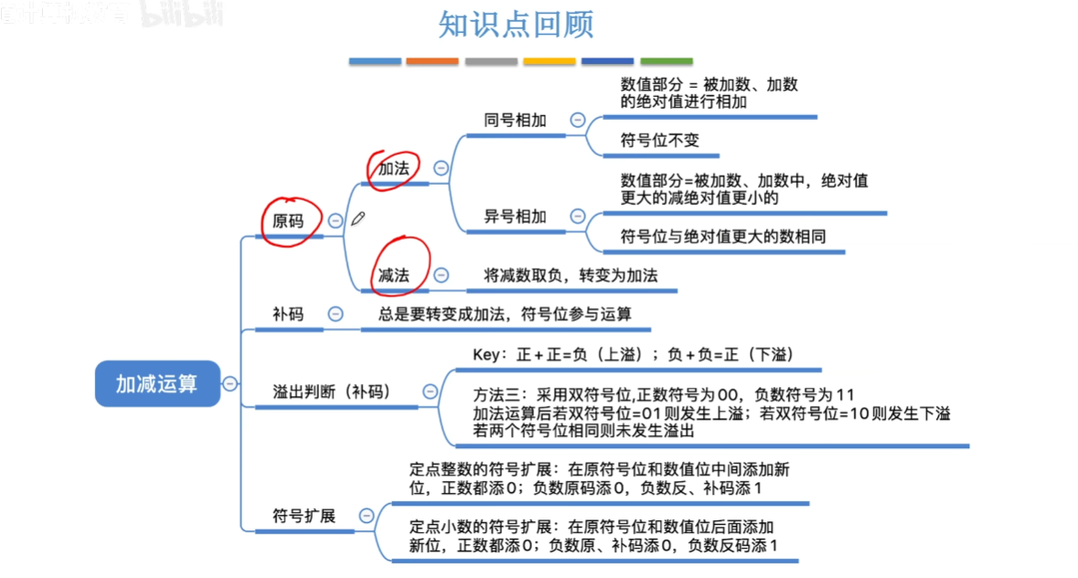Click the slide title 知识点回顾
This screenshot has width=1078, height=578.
click(x=516, y=26)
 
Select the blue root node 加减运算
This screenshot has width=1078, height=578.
click(x=156, y=383)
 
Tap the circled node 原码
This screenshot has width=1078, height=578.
click(x=288, y=220)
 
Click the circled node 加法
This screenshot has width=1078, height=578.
click(x=393, y=168)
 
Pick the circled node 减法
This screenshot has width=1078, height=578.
click(x=393, y=274)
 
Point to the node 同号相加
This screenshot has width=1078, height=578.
click(x=515, y=120)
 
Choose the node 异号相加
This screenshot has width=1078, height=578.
click(x=515, y=217)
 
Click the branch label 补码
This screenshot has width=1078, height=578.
click(x=288, y=314)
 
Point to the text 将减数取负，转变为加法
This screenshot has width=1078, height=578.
click(x=571, y=274)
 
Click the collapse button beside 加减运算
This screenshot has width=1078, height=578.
click(x=230, y=383)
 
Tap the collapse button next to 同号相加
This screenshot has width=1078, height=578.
click(x=577, y=120)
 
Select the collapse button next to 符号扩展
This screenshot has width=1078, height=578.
click(x=366, y=516)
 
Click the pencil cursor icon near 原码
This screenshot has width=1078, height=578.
click(x=358, y=218)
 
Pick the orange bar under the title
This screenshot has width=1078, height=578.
click(x=432, y=61)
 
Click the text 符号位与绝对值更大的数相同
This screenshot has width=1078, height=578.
click(x=723, y=237)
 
